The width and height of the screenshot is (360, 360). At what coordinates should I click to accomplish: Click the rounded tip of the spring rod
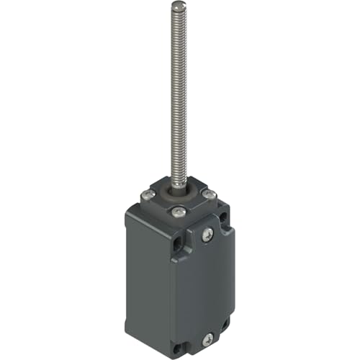point(176,6)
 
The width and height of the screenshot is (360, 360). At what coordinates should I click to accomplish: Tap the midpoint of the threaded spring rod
point(177,97)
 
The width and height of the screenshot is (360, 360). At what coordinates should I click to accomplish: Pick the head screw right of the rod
point(209,195)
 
